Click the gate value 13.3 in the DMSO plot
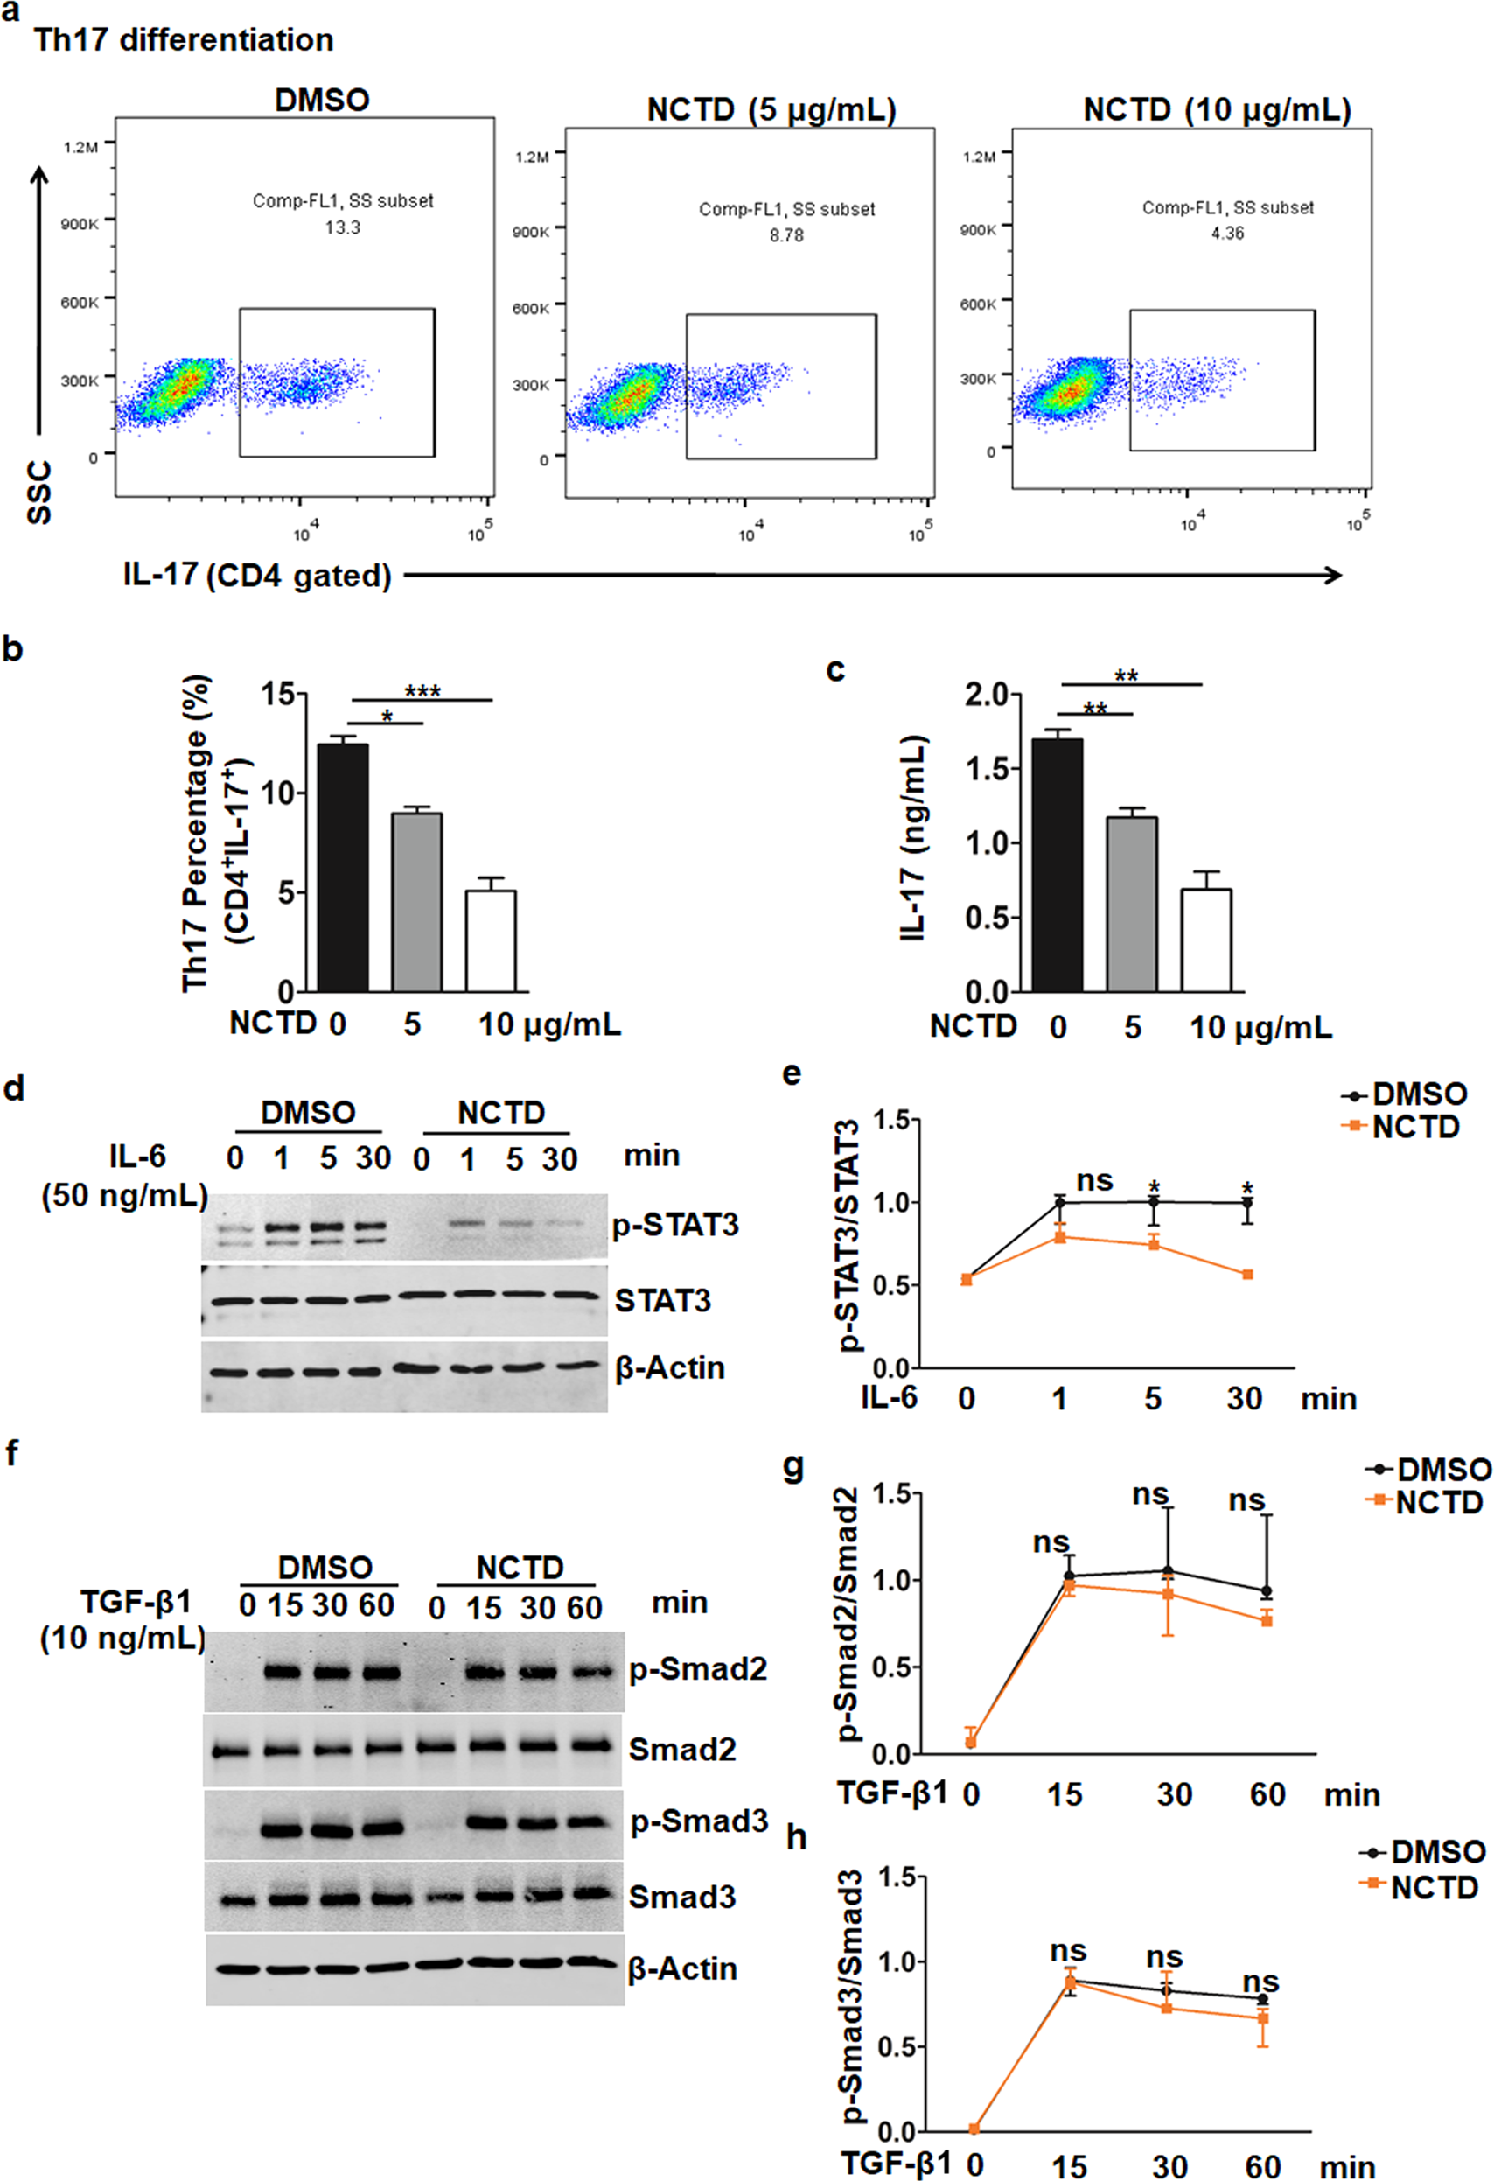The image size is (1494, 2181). pos(343,228)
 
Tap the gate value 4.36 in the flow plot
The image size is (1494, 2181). pos(1226,234)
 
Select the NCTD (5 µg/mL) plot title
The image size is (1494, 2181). pos(771,111)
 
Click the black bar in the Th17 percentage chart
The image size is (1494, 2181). pos(343,867)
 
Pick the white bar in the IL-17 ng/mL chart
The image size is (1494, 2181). pos(1206,940)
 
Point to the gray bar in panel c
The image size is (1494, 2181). pos(1131,904)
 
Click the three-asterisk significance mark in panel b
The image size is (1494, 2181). pos(422,692)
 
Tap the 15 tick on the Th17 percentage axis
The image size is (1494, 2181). pos(278,695)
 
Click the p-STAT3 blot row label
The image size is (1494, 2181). pos(675,1225)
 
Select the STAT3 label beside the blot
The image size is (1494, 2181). pos(662,1301)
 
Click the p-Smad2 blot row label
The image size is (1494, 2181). pos(698,1668)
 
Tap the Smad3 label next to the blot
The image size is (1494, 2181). pos(682,1897)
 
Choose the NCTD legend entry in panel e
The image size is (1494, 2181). pos(1414,1127)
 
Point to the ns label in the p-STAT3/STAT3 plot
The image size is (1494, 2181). pos(1094,1179)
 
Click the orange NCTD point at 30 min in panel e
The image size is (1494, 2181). pos(1247,1275)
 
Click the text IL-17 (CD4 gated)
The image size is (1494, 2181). pos(257,576)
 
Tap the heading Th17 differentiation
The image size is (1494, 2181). pos(184,40)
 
